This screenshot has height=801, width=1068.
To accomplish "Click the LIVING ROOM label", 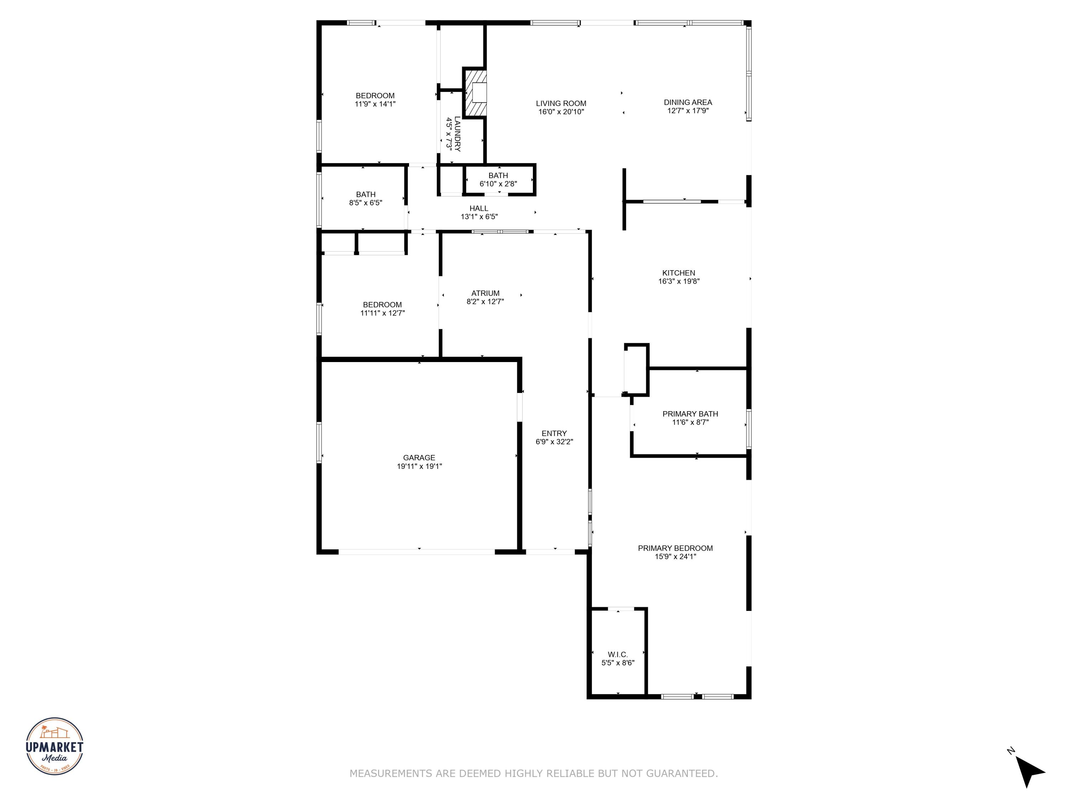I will [x=561, y=103].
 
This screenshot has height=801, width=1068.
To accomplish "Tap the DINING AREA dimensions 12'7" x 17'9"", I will [x=687, y=111].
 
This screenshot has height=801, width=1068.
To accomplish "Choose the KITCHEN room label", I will [x=679, y=273].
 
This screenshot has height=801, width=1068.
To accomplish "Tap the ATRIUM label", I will [x=485, y=293].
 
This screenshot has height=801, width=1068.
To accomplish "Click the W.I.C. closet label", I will [x=618, y=654].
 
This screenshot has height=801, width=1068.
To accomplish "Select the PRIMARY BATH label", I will [x=690, y=414].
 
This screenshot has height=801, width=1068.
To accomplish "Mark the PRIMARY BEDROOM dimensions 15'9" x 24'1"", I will [x=675, y=556].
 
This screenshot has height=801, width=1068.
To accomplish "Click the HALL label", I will [x=478, y=209].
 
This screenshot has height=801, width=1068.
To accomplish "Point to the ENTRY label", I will [x=554, y=434].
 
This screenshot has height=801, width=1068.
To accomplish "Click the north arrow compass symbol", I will [x=1030, y=771].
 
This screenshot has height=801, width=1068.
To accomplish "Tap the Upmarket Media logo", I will [x=54, y=746].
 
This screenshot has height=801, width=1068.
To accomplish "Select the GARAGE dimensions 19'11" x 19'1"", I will [x=419, y=466].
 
